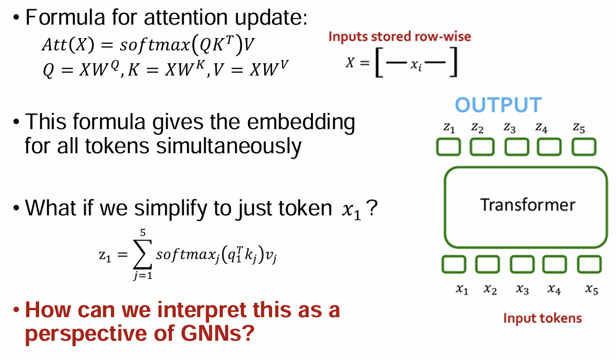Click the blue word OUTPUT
click(498, 105)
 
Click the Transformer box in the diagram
click(526, 207)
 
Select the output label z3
click(509, 128)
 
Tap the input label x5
click(591, 290)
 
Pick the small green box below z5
click(583, 147)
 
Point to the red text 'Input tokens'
click(542, 318)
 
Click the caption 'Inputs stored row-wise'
click(400, 37)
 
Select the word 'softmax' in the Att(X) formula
click(153, 45)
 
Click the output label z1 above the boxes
click(449, 128)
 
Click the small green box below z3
click(516, 147)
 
